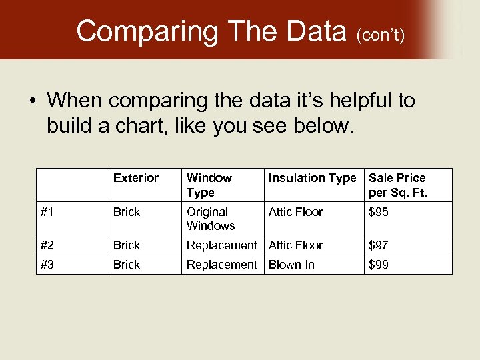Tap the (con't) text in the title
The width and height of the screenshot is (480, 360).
[x=380, y=34]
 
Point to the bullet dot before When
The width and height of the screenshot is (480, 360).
[x=32, y=101]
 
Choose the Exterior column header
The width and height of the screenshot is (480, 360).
[x=136, y=178]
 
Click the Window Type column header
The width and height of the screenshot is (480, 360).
[x=209, y=185]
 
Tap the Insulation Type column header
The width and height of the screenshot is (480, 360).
[x=312, y=178]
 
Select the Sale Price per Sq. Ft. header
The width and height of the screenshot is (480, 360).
[x=397, y=185]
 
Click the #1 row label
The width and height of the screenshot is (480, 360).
[x=47, y=212]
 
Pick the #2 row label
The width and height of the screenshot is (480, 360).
[x=47, y=245]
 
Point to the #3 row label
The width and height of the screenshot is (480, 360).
[x=47, y=265]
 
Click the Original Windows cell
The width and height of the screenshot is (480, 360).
[x=211, y=219]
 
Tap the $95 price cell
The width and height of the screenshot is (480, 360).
[x=379, y=212]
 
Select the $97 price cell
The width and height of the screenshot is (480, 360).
[x=379, y=245]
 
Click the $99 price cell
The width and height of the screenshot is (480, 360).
[x=379, y=265]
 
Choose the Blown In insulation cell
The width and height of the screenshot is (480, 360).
[x=291, y=265]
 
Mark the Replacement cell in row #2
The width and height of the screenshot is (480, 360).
[x=221, y=245]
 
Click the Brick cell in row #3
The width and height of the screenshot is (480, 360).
[x=127, y=265]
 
